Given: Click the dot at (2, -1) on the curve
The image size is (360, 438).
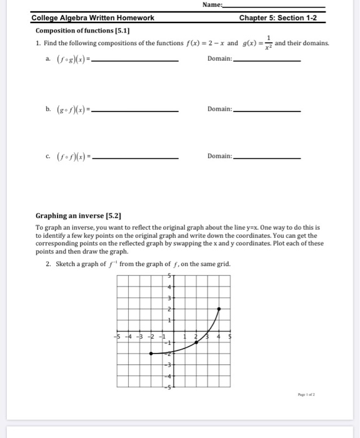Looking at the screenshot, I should (x=196, y=343).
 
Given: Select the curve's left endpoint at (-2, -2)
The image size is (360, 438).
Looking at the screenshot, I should (x=151, y=354).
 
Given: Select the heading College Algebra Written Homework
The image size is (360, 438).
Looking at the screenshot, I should (x=93, y=18).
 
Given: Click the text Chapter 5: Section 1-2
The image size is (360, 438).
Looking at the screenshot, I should (x=278, y=18).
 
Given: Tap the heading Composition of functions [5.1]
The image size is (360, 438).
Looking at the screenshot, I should (x=87, y=31).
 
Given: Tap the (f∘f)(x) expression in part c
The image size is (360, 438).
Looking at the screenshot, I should (x=68, y=156).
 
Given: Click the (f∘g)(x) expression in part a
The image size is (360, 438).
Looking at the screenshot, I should (x=68, y=59).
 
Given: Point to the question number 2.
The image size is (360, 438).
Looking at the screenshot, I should (x=48, y=264).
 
